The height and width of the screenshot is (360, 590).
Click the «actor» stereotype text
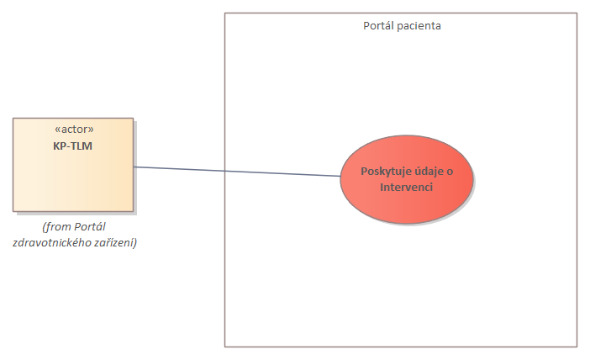click(73, 130)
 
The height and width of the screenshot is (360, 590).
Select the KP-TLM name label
click(73, 145)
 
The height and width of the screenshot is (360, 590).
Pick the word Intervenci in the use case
click(407, 187)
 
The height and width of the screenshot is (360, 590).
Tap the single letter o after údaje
click(450, 172)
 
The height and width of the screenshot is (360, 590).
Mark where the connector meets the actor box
click(134, 167)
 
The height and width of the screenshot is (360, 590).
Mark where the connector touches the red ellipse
click(340, 177)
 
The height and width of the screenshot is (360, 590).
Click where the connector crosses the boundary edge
click(225, 171)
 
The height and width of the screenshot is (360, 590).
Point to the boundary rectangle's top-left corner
click(225, 13)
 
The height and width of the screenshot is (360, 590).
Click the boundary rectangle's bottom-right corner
click(577, 346)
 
